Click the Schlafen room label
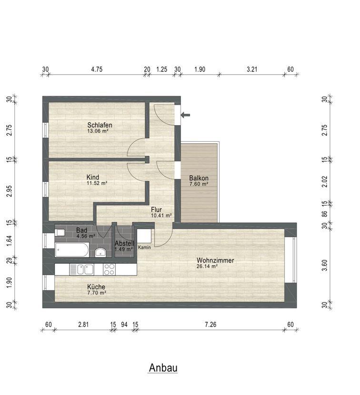pyautogui.click(x=100, y=125)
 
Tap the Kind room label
pyautogui.click(x=93, y=177)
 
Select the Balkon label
pyautogui.click(x=199, y=178)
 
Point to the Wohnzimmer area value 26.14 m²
pyautogui.click(x=207, y=267)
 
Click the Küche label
pyautogui.click(x=96, y=286)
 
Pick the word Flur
pyautogui.click(x=156, y=209)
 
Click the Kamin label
pyautogui.click(x=144, y=247)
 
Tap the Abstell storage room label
pyautogui.click(x=124, y=244)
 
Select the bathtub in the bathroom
pyautogui.click(x=72, y=250)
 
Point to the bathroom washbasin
pyautogui.click(x=100, y=252)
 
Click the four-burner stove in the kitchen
pyautogui.click(x=109, y=269)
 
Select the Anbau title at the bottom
pyautogui.click(x=163, y=367)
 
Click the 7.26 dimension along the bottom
pyautogui.click(x=210, y=324)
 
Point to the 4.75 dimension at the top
pyautogui.click(x=97, y=69)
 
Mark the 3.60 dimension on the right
pyautogui.click(x=325, y=265)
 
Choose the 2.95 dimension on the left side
pyautogui.click(x=10, y=191)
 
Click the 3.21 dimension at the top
pyautogui.click(x=252, y=69)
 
